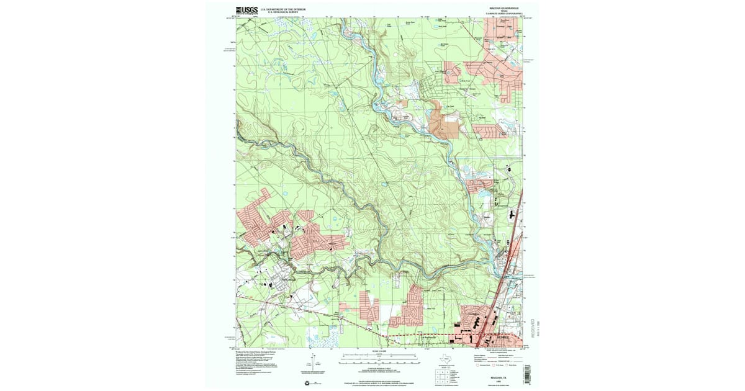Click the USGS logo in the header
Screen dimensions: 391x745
coord(246,10)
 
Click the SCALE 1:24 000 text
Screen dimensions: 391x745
coord(372,352)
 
